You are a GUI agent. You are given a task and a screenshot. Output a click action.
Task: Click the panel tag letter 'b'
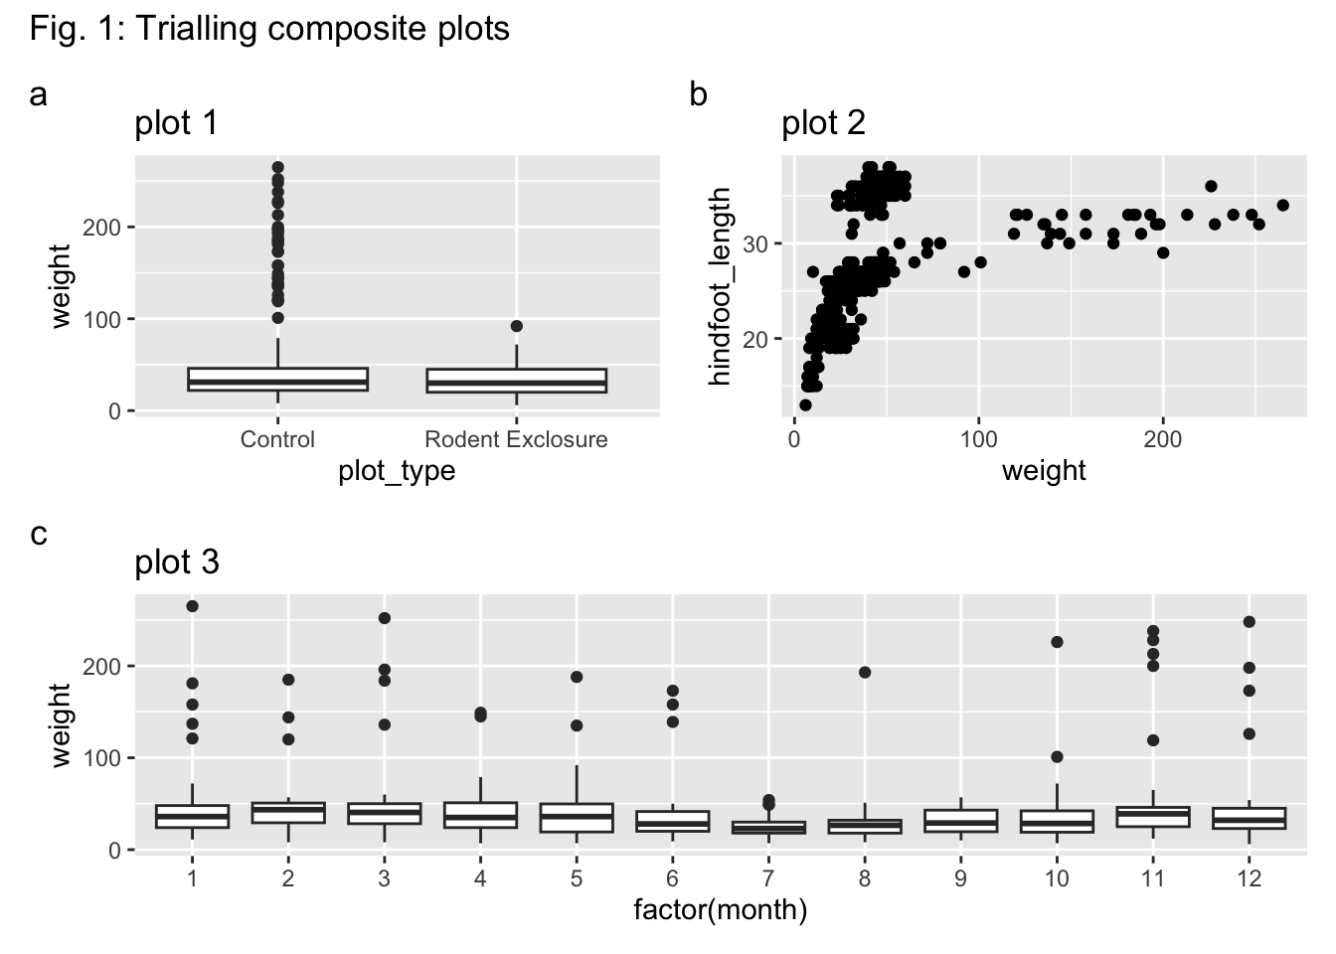699,95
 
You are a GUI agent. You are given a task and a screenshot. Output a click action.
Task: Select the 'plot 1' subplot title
176,123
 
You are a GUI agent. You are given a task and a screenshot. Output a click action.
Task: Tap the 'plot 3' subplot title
177,562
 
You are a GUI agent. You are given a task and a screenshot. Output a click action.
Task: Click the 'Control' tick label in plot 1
277,439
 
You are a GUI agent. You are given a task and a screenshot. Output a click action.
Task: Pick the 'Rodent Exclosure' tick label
516,439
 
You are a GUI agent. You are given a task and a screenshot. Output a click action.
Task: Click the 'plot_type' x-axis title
397,470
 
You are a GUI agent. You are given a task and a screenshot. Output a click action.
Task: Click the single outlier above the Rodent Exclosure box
516,326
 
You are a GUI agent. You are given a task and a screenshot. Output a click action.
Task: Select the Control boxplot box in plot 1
277,380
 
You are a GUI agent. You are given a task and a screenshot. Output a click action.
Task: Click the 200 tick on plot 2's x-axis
1163,439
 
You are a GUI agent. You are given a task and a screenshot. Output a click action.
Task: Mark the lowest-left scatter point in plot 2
805,404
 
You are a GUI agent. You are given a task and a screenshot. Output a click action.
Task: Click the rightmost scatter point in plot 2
1282,206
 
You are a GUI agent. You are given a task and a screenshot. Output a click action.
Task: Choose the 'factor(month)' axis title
720,909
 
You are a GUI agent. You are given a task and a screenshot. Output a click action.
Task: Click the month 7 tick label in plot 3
768,878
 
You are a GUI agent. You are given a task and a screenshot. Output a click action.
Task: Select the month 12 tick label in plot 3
1250,878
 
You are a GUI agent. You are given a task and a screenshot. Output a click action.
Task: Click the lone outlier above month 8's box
865,673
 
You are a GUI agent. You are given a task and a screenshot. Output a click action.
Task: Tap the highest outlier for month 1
192,606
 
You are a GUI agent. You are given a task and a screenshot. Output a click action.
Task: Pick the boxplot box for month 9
961,821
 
